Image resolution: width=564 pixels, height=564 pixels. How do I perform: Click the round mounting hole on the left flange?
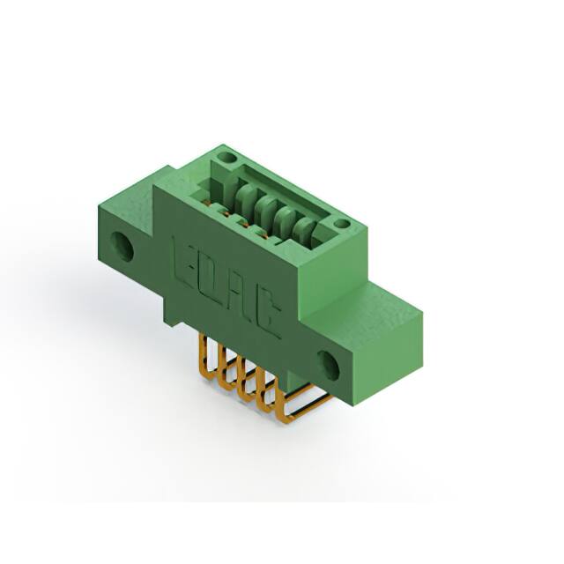tap(122, 247)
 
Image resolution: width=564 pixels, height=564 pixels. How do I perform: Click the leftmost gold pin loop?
tap(205, 352)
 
